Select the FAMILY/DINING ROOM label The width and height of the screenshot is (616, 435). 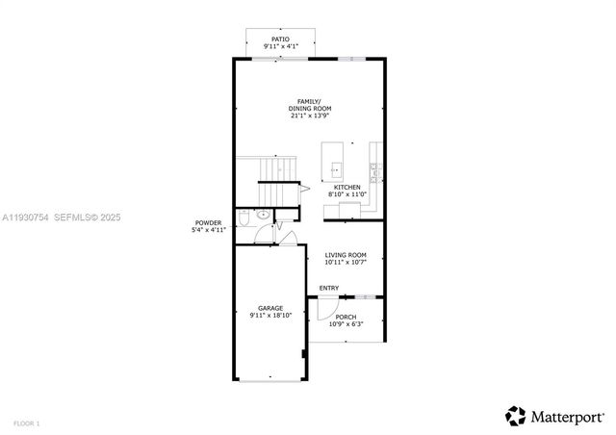(x=308, y=105)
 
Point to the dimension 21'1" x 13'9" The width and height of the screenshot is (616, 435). (x=310, y=116)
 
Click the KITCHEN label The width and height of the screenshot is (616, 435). (x=347, y=187)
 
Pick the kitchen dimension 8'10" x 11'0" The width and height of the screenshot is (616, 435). (x=347, y=193)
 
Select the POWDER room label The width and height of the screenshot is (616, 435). (x=208, y=223)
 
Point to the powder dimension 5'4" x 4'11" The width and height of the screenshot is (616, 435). (x=208, y=230)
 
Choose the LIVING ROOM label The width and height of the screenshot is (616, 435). (x=344, y=255)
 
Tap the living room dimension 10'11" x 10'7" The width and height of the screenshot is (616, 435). (x=344, y=262)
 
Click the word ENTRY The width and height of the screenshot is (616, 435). (x=329, y=288)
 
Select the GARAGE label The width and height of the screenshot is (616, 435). (x=269, y=308)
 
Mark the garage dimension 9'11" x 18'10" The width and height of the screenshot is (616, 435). (x=269, y=315)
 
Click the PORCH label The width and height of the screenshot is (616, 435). (x=346, y=317)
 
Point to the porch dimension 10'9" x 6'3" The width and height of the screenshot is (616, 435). (x=346, y=323)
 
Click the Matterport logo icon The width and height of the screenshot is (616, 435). (x=516, y=416)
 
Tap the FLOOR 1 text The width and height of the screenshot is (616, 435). (x=27, y=423)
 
